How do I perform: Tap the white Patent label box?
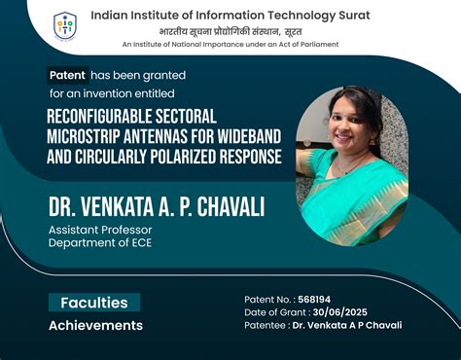68,75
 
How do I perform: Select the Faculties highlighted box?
94,303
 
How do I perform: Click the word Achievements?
95,325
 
